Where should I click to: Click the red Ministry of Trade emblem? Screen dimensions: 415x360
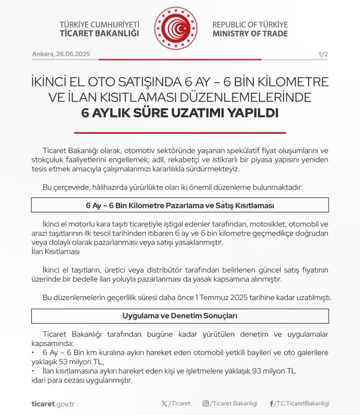(176, 29)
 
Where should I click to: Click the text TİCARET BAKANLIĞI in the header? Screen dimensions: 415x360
(99, 34)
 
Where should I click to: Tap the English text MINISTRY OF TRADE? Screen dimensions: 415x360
(250, 34)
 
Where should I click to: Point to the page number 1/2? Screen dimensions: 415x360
(323, 54)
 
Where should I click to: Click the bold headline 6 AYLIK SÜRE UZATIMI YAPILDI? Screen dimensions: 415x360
(179, 113)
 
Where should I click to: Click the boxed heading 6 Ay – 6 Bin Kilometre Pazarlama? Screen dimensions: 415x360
(179, 205)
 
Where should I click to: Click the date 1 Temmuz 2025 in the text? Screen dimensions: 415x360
(253, 298)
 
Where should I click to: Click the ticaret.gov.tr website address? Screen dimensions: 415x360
(53, 404)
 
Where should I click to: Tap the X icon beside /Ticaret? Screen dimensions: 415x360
(164, 404)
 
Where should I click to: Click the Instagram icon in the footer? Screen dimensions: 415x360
(206, 404)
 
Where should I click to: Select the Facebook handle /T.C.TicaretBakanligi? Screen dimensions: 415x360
(301, 404)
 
